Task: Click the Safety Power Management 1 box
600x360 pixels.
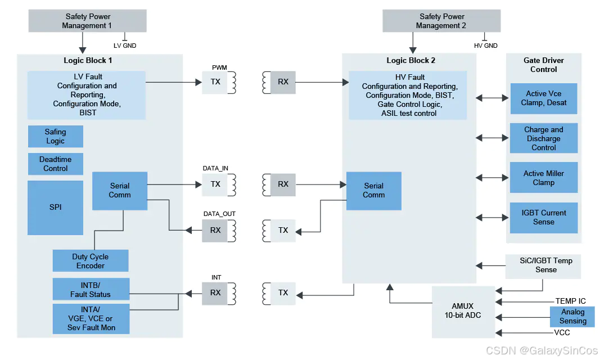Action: (88, 21)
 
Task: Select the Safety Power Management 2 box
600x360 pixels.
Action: (441, 21)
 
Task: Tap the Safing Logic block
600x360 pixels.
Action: (55, 137)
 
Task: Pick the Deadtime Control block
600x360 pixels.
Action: (55, 164)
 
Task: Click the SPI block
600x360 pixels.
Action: (55, 207)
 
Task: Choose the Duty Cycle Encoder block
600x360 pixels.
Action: (91, 261)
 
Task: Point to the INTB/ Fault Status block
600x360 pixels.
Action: (91, 289)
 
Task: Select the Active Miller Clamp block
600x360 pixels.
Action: (543, 178)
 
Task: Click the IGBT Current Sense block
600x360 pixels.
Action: (543, 218)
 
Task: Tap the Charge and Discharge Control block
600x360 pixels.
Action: (543, 138)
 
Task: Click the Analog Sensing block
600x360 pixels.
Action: (572, 317)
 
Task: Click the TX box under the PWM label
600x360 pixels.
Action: (215, 82)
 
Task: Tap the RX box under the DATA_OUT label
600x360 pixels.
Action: (215, 231)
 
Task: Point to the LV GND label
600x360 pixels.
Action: (125, 46)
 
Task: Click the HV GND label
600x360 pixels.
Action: (485, 46)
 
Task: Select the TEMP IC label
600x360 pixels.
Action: (570, 301)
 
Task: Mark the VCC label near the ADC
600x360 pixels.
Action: (562, 333)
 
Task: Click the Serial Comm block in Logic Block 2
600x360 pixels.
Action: (373, 191)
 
